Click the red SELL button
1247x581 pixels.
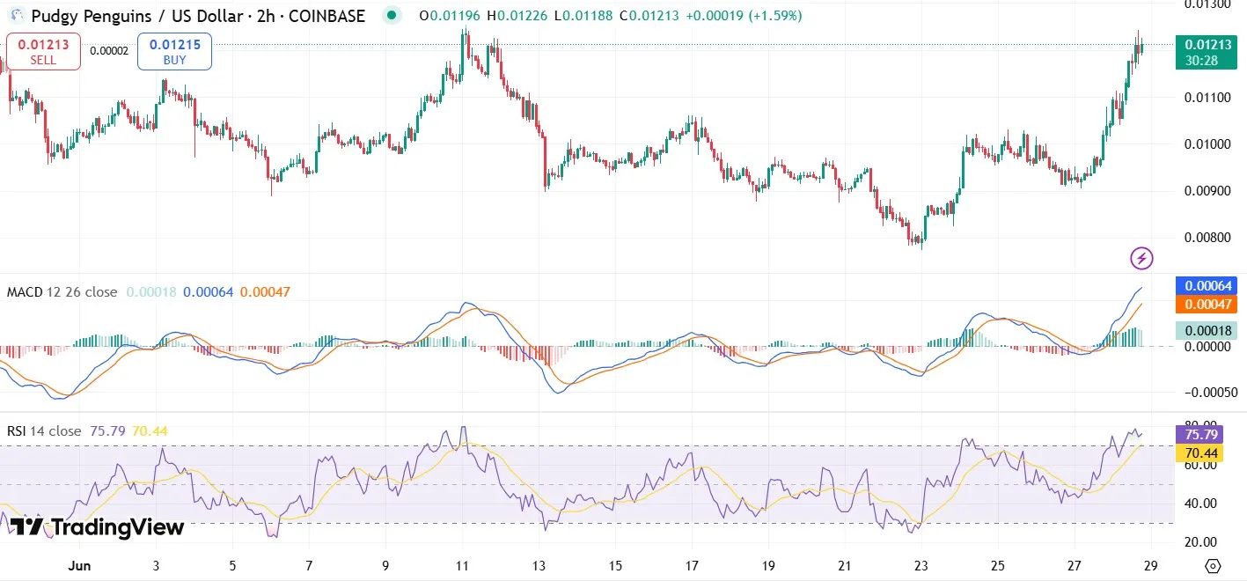click(x=43, y=51)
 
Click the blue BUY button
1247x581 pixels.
click(x=174, y=51)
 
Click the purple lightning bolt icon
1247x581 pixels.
click(x=1141, y=258)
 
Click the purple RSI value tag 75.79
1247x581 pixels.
click(x=1201, y=434)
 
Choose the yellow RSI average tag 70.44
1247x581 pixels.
click(x=1201, y=453)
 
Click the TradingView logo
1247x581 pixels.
click(x=97, y=527)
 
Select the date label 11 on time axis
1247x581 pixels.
click(x=464, y=565)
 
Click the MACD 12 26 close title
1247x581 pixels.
click(x=62, y=292)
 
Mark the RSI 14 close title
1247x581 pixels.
click(x=44, y=431)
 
